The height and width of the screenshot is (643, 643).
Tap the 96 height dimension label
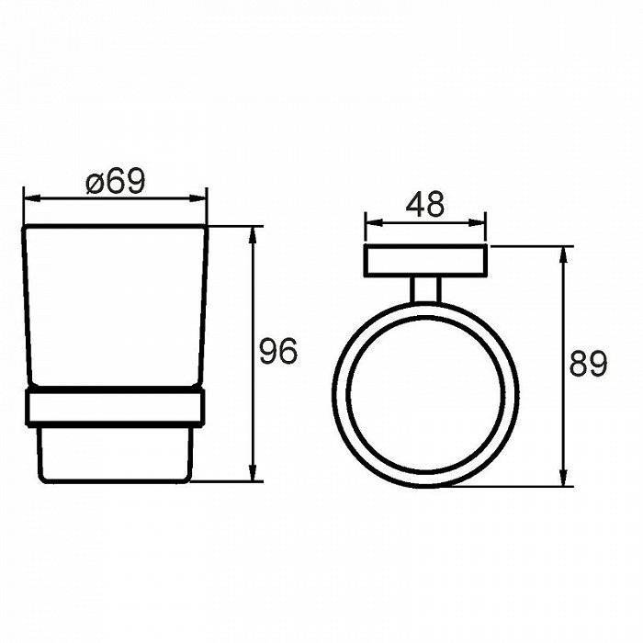coord(278,352)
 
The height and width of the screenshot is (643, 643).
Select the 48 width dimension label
coord(424,204)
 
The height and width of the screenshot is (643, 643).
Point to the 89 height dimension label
coord(588,364)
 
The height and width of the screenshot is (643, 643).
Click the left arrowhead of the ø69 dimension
coord(33,198)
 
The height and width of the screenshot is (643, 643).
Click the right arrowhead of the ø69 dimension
coord(197,198)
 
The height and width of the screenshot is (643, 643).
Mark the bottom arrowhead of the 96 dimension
coord(253,472)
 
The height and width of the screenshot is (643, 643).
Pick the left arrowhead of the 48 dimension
coord(374,223)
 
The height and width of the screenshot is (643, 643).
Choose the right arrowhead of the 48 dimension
coord(477,223)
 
